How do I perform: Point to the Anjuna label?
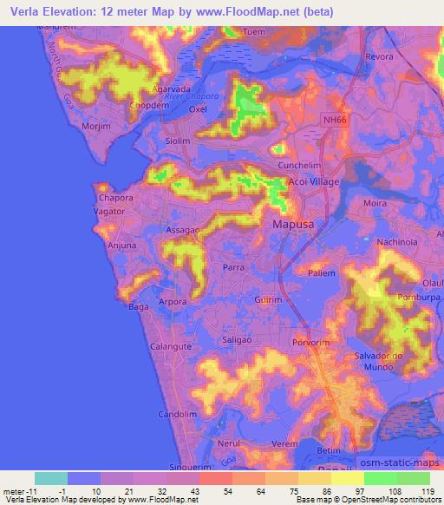[121, 246]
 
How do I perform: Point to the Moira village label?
[375, 203]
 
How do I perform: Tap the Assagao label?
[183, 231]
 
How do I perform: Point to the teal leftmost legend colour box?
[51, 478]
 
